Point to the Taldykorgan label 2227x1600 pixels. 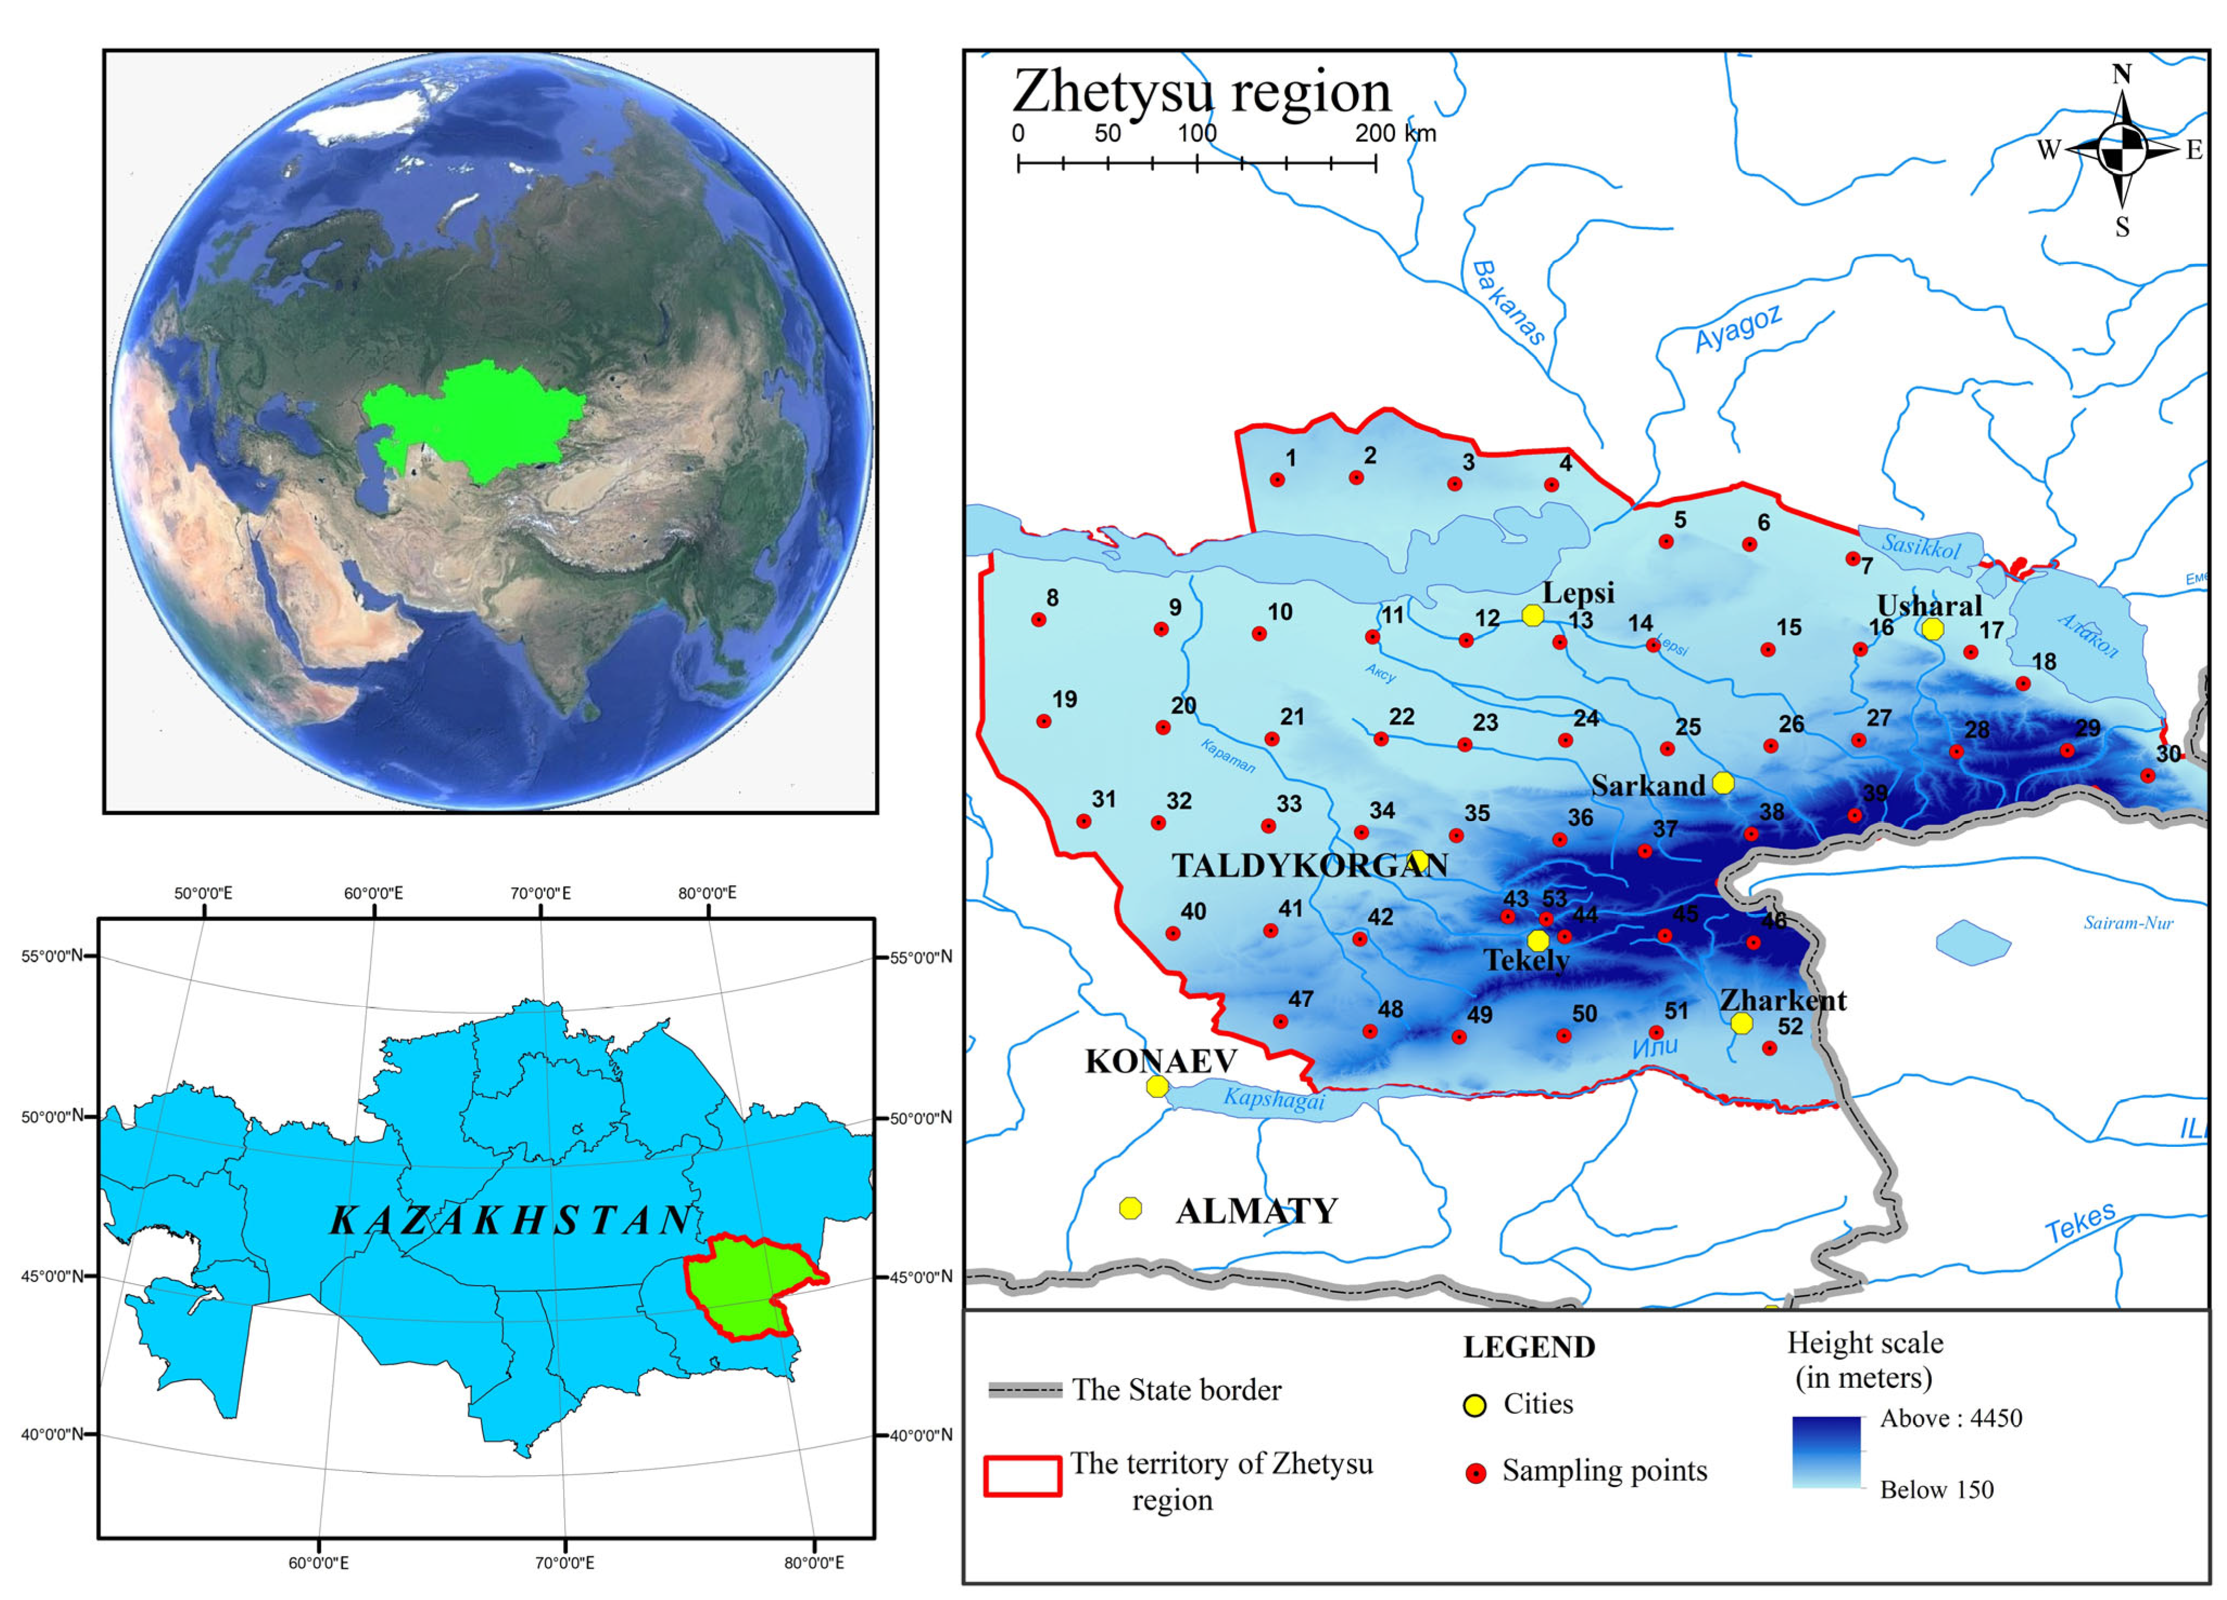click(x=1309, y=865)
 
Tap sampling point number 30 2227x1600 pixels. click(x=2147, y=775)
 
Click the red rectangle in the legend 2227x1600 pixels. click(x=1022, y=1475)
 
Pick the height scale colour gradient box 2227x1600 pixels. click(x=1827, y=1452)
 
